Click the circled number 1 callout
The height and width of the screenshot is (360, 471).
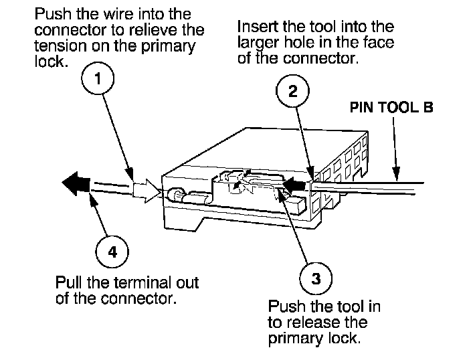(98, 78)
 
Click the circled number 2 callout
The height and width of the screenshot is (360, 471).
(292, 91)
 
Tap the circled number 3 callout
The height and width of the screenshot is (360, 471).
(316, 278)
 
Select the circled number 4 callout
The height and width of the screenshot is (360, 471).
(112, 252)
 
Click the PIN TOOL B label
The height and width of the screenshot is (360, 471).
(391, 107)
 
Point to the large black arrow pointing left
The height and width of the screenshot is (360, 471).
(76, 183)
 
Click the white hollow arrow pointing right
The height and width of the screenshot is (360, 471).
(147, 191)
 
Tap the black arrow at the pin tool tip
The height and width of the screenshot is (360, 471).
(296, 184)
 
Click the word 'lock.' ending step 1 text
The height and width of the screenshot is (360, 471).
(50, 62)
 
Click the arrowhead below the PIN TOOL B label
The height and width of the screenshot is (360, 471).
(396, 173)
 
